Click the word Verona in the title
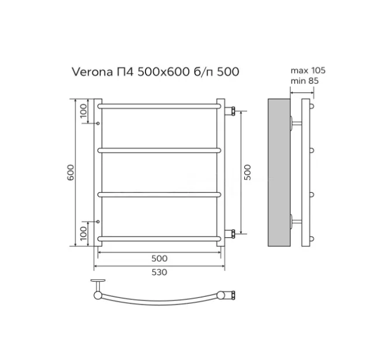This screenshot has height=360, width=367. pos(92,72)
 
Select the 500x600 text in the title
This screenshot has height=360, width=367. pos(164,72)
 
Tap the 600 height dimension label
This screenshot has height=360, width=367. pos(71,172)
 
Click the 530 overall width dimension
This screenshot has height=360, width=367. pos(160,272)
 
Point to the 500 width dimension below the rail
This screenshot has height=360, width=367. pos(160,258)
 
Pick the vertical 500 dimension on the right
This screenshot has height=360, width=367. pos(247,172)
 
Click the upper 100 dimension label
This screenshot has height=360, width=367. pos(84,111)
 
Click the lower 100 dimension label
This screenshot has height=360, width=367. pos(84,233)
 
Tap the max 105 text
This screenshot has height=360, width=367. pos(308,70)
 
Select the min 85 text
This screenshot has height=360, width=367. pos(304,81)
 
